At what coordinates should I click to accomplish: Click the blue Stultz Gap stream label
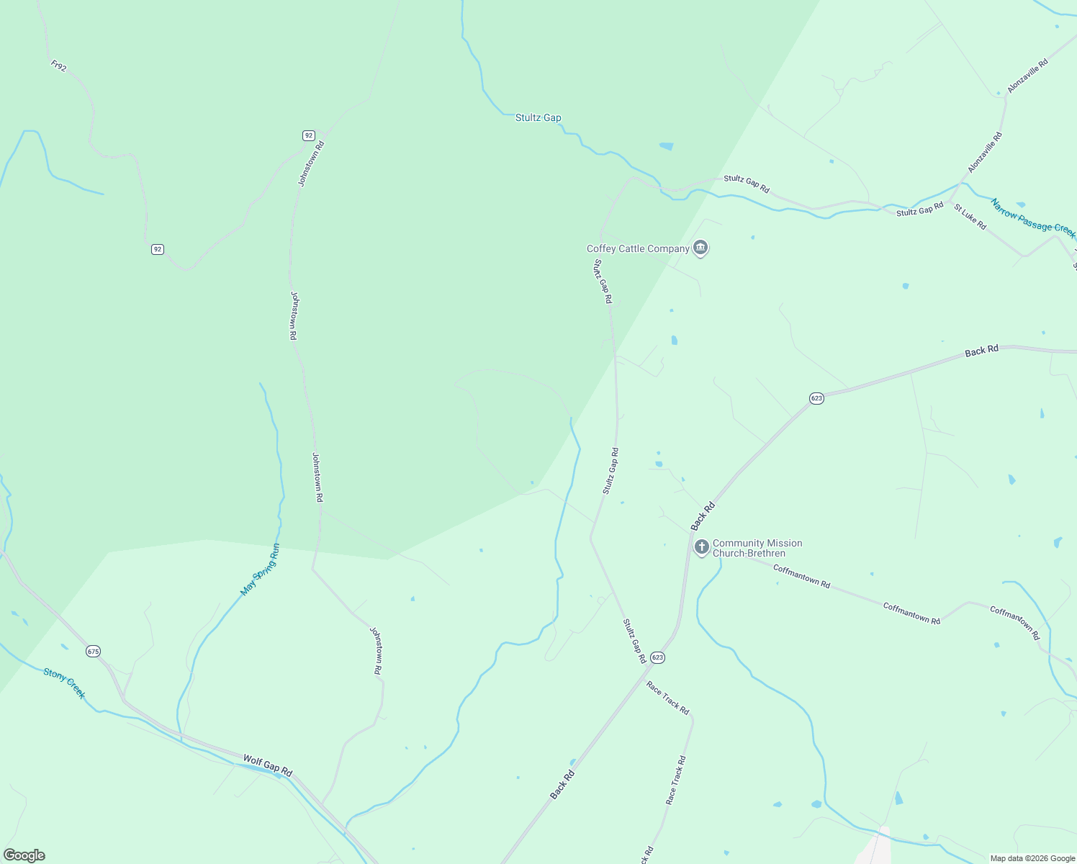[538, 117]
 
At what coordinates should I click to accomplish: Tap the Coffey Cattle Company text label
[638, 249]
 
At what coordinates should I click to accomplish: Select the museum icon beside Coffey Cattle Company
[700, 248]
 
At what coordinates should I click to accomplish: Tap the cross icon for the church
[701, 547]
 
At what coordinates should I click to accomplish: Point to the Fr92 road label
[59, 66]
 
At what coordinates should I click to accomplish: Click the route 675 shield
[93, 651]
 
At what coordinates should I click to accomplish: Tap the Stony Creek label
[64, 683]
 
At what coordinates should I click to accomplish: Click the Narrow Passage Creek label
[1032, 219]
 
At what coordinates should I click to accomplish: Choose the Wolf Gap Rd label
[267, 765]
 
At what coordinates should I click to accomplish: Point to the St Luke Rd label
[970, 217]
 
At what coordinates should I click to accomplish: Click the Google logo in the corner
[24, 855]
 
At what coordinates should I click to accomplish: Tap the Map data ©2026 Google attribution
[1031, 858]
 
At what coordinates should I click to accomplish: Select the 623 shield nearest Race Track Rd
[657, 657]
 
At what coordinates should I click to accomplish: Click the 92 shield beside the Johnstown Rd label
[308, 135]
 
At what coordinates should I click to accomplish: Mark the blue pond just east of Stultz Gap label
[666, 146]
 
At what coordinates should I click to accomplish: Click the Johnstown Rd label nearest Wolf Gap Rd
[376, 650]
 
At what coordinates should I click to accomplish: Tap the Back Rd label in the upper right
[981, 351]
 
